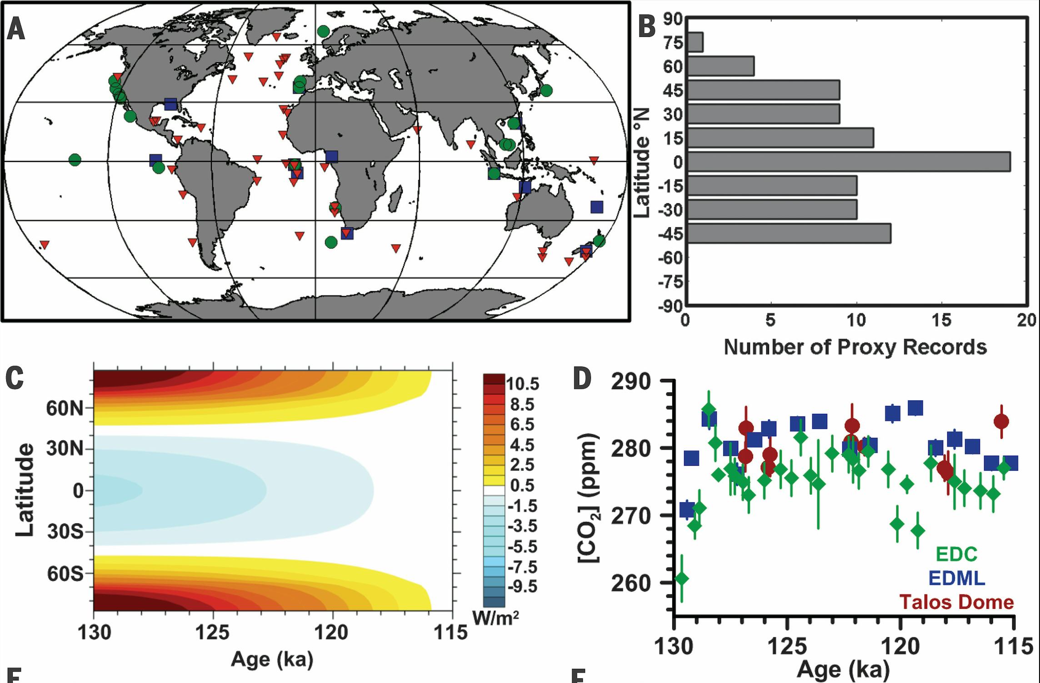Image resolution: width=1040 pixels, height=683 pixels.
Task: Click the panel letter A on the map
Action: [16, 31]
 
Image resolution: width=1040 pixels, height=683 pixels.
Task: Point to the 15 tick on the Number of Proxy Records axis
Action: [941, 321]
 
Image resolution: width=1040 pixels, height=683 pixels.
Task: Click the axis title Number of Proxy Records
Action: [855, 347]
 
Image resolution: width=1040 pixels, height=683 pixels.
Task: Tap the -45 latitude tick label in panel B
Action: [670, 235]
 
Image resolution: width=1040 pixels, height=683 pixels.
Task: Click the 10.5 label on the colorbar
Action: [523, 384]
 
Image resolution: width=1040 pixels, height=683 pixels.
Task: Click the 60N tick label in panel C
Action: [65, 409]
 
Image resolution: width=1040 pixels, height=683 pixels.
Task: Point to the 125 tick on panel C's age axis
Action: [213, 632]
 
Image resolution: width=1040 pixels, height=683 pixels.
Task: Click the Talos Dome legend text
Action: [957, 602]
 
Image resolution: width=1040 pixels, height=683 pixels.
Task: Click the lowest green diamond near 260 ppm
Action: [681, 579]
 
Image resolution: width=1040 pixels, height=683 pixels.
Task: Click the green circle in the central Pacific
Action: [75, 160]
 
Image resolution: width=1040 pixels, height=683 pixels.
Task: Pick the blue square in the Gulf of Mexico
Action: [170, 104]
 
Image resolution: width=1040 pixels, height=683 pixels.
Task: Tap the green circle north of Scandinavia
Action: [323, 31]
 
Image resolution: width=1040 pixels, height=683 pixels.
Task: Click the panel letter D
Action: [582, 378]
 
